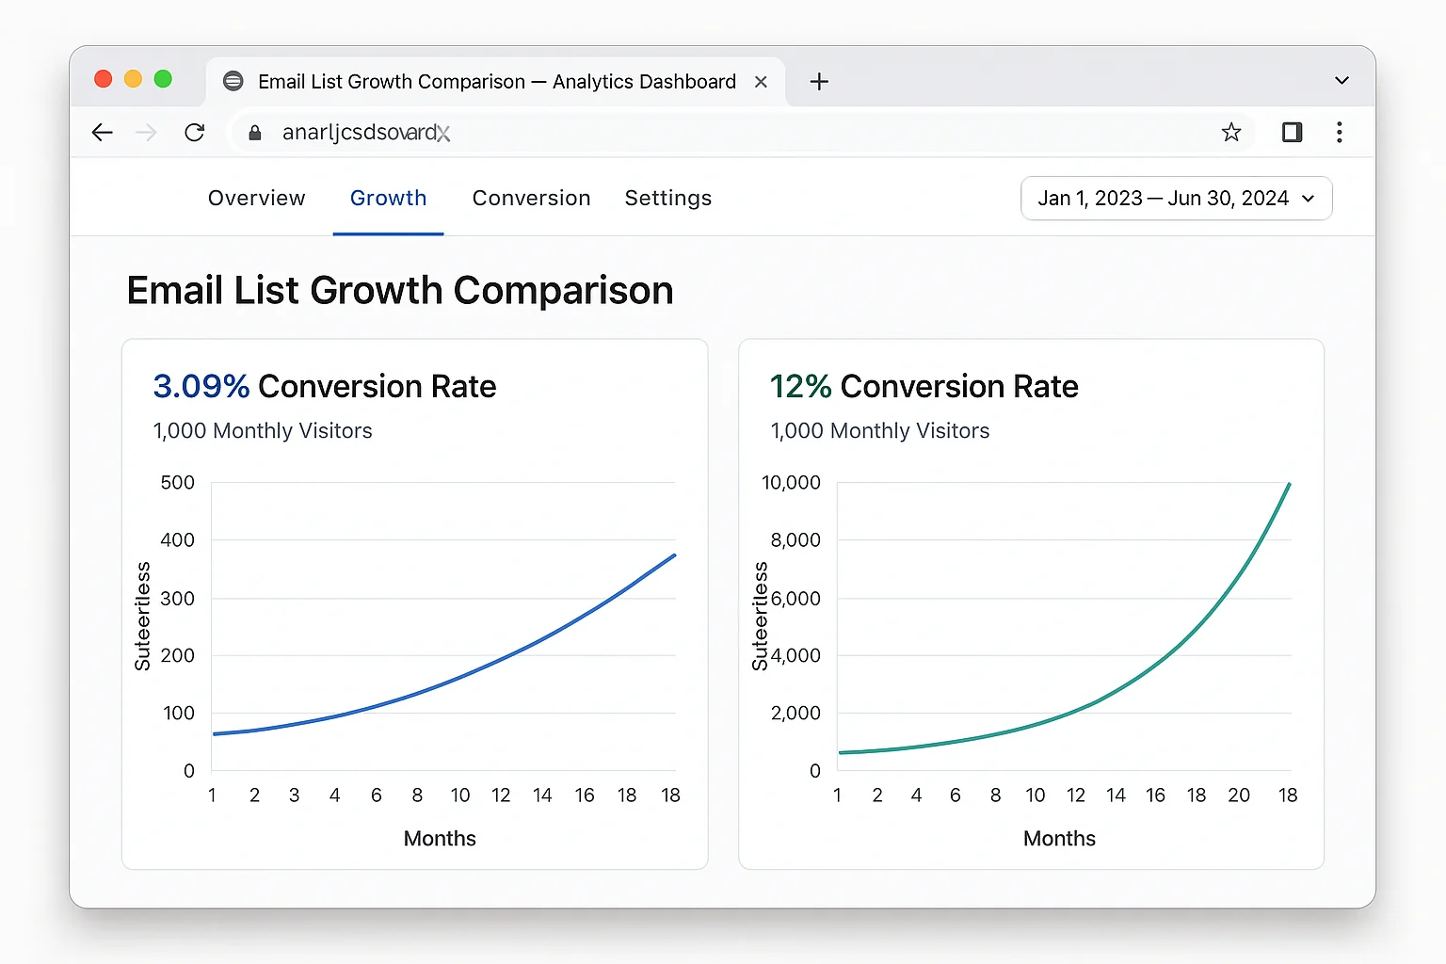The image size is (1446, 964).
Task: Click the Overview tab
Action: [256, 199]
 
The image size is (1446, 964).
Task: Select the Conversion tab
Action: [531, 199]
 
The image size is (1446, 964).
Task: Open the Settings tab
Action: [667, 199]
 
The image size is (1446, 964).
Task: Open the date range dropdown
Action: [1176, 199]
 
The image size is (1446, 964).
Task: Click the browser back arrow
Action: [103, 133]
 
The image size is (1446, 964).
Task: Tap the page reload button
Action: [195, 133]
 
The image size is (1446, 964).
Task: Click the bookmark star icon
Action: [1230, 133]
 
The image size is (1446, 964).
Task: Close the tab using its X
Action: [761, 82]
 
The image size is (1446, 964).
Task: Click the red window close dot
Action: [104, 79]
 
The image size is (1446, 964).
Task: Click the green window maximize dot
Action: [163, 79]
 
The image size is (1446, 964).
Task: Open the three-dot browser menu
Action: [1339, 133]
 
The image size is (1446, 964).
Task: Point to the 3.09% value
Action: [201, 386]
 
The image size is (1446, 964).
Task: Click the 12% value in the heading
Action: [800, 386]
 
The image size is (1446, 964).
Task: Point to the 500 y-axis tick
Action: [177, 483]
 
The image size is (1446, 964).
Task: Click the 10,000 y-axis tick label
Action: [791, 483]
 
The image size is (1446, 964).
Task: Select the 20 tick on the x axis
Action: [1238, 795]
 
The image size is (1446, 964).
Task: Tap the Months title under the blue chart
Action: [440, 839]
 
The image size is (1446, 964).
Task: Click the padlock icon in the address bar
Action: [254, 133]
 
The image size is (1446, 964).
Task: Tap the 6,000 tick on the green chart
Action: [795, 599]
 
